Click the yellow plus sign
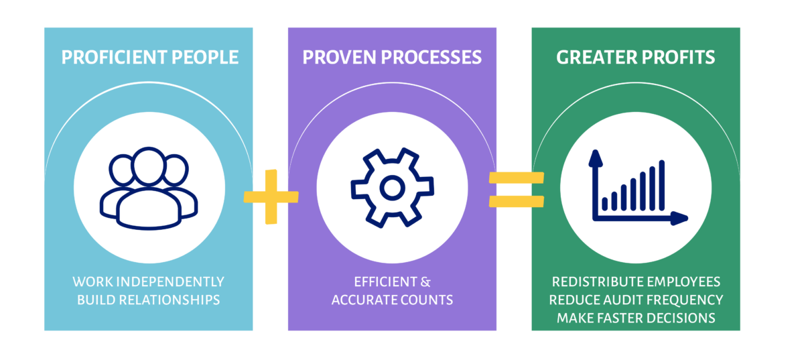(271, 196)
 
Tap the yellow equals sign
(515, 189)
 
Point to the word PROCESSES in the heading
(429, 58)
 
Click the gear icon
(391, 188)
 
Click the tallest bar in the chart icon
(662, 185)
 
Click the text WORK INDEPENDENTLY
(148, 282)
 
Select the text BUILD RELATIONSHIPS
(148, 300)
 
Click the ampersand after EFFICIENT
(425, 282)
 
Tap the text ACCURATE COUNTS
(392, 300)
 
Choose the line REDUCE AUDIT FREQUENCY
(636, 300)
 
